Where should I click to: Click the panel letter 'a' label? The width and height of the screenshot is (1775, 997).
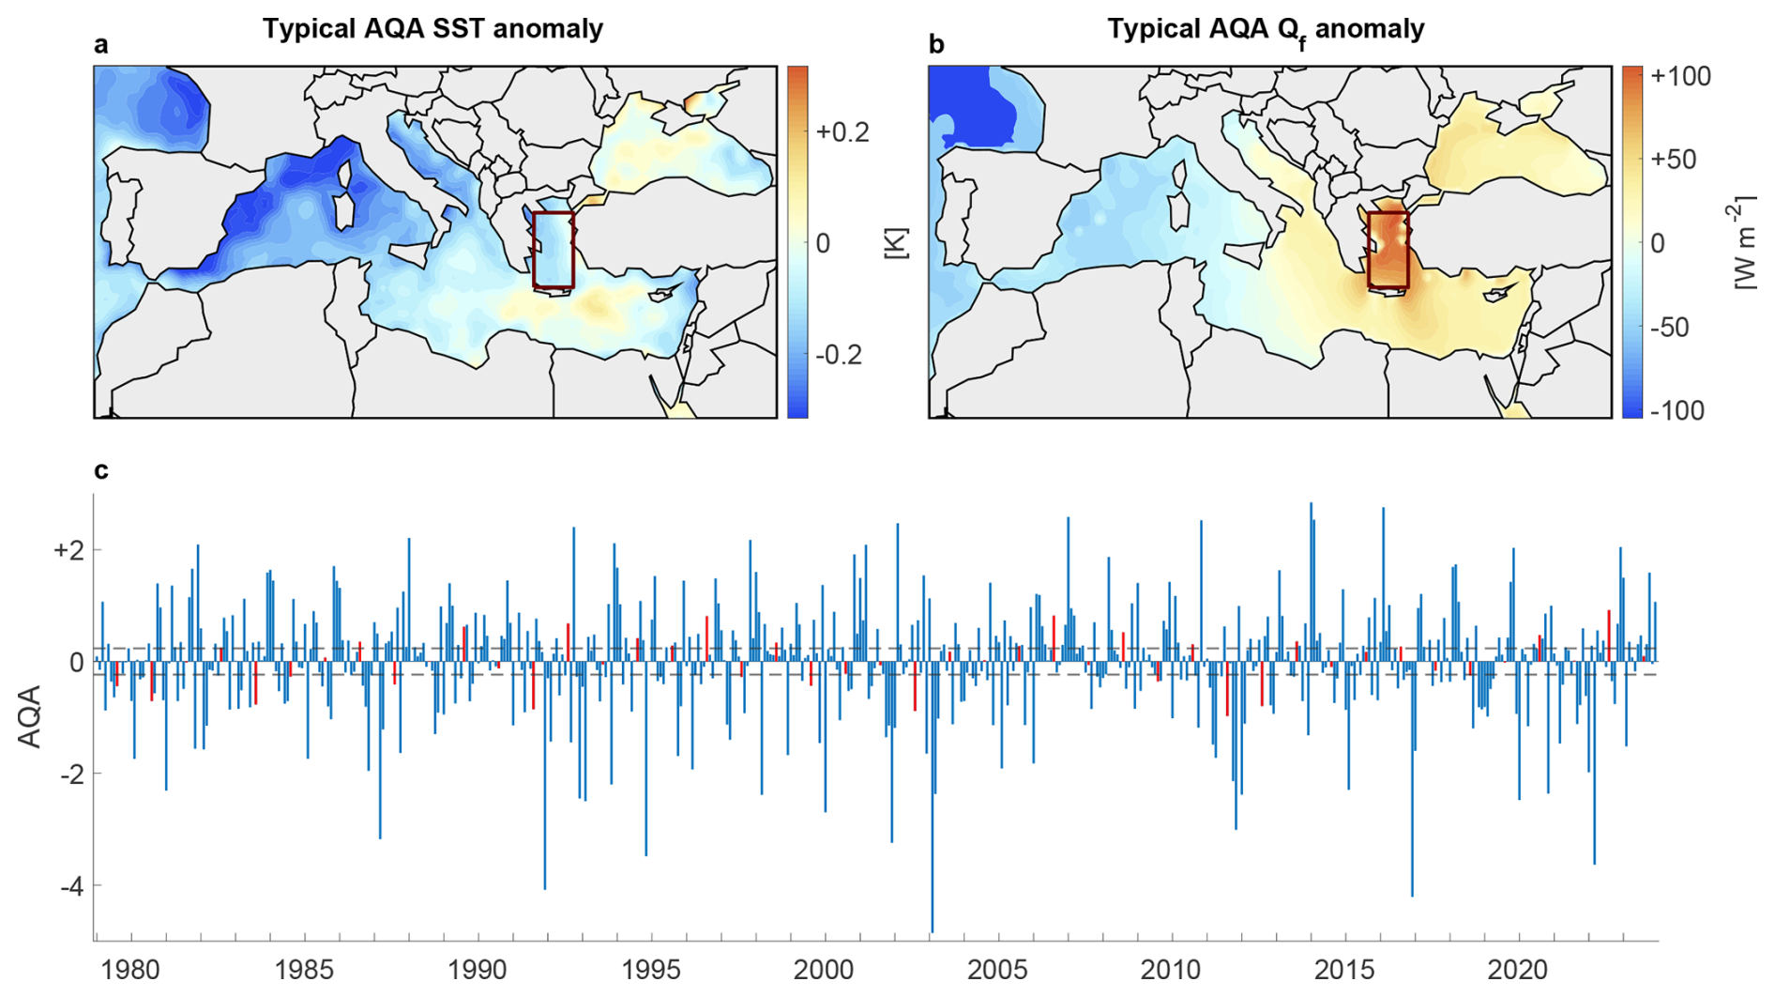pyautogui.click(x=100, y=45)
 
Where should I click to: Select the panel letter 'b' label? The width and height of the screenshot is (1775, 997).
pyautogui.click(x=935, y=45)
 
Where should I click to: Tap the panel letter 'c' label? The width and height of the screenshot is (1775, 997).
pyautogui.click(x=100, y=470)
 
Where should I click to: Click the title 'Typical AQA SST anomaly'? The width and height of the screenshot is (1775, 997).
pyautogui.click(x=432, y=28)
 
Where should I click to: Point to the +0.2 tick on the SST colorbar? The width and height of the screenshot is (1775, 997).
pyautogui.click(x=842, y=131)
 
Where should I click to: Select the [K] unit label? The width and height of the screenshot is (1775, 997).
pyautogui.click(x=896, y=243)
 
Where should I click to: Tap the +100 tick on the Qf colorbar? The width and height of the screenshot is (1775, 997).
pyautogui.click(x=1679, y=76)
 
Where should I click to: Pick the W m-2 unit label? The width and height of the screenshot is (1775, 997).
pyautogui.click(x=1745, y=243)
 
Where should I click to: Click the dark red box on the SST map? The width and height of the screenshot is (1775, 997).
pyautogui.click(x=554, y=250)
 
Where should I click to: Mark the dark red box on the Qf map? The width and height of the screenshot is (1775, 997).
pyautogui.click(x=1388, y=250)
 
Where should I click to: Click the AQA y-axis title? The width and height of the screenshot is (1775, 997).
pyautogui.click(x=30, y=716)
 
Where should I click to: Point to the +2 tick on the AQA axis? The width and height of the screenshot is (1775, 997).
pyautogui.click(x=68, y=550)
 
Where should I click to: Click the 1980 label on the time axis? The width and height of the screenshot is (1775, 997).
pyautogui.click(x=130, y=969)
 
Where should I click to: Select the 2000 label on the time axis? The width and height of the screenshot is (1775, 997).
pyautogui.click(x=824, y=969)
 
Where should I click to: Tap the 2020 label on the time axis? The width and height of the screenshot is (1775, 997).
pyautogui.click(x=1518, y=969)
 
